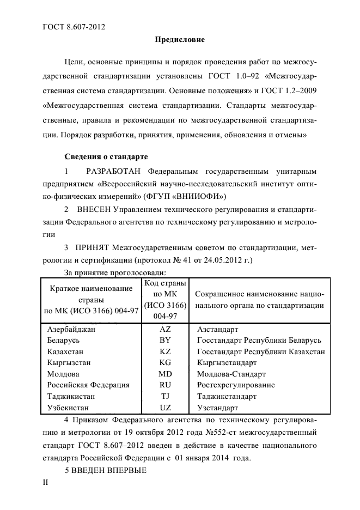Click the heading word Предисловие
(180, 40)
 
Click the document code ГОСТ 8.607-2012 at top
(74, 27)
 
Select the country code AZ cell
(165, 330)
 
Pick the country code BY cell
(165, 341)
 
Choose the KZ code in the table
(165, 351)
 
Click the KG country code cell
(165, 362)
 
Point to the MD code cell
(165, 374)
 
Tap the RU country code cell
(165, 385)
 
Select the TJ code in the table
(165, 396)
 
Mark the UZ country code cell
(165, 407)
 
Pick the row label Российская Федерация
(88, 385)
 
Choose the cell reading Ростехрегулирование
(236, 385)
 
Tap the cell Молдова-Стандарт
(231, 374)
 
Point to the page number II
(46, 483)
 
